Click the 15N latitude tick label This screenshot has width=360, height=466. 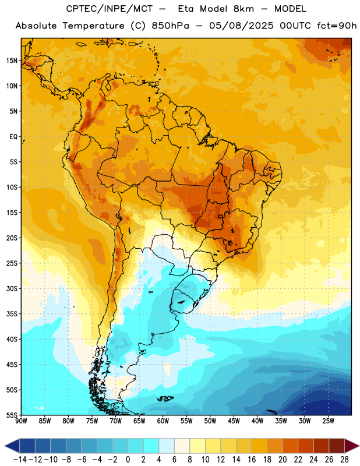click(12, 61)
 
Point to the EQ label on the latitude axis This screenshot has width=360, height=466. click(13, 137)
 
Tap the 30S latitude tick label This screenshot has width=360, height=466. click(12, 288)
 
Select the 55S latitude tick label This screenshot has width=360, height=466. click(12, 415)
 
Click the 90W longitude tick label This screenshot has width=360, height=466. click(22, 421)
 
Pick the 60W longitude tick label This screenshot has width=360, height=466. click(163, 421)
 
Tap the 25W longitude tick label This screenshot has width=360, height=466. click(328, 421)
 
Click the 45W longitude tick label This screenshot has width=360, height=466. click(234, 421)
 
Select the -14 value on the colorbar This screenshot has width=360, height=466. click(20, 460)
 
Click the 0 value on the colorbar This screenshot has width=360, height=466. click(128, 460)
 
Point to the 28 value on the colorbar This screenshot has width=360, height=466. click(344, 460)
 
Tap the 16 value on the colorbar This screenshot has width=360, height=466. click(252, 460)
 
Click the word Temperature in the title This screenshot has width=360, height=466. click(93, 26)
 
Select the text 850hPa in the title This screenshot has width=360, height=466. click(170, 26)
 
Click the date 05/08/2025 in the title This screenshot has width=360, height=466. click(241, 26)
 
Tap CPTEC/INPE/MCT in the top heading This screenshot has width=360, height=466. click(109, 9)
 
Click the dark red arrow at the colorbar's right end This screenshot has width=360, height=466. click(352, 446)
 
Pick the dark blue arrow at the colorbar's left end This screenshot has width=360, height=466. click(12, 446)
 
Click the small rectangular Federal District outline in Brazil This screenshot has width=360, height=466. click(221, 216)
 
